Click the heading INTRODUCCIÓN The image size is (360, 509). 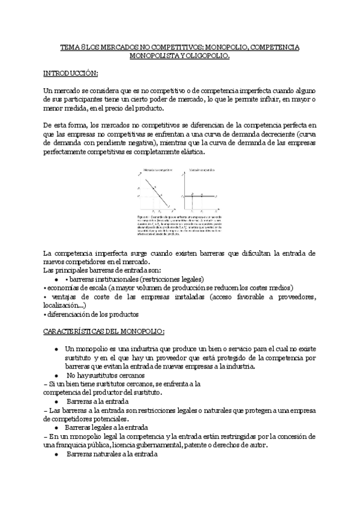[x=70, y=73]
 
